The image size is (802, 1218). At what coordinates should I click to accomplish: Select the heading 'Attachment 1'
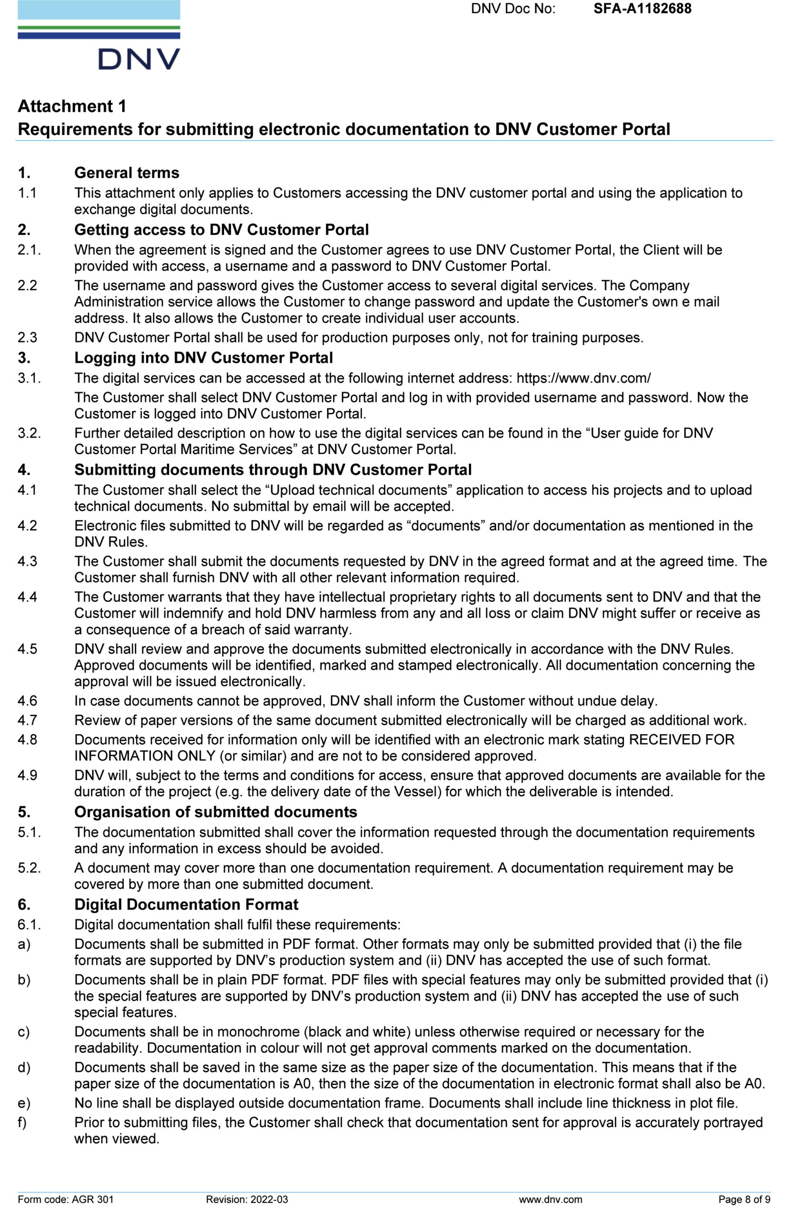click(72, 106)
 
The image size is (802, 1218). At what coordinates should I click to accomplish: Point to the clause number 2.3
click(28, 338)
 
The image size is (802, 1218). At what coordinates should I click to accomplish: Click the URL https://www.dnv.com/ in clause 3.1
click(584, 378)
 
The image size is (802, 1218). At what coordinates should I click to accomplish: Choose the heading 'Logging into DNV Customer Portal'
click(203, 358)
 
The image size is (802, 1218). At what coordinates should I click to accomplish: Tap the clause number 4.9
click(28, 776)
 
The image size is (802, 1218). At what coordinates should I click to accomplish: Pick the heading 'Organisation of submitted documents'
click(216, 812)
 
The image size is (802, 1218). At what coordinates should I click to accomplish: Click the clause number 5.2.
click(29, 868)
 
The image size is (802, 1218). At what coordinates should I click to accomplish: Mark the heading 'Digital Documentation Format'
click(186, 904)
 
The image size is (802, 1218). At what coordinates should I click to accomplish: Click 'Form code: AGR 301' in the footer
click(66, 1199)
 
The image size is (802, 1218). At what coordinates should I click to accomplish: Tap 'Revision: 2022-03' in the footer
click(247, 1199)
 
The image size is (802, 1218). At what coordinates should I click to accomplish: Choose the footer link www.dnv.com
click(550, 1199)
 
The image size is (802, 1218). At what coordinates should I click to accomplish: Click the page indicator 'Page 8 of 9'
click(744, 1199)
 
